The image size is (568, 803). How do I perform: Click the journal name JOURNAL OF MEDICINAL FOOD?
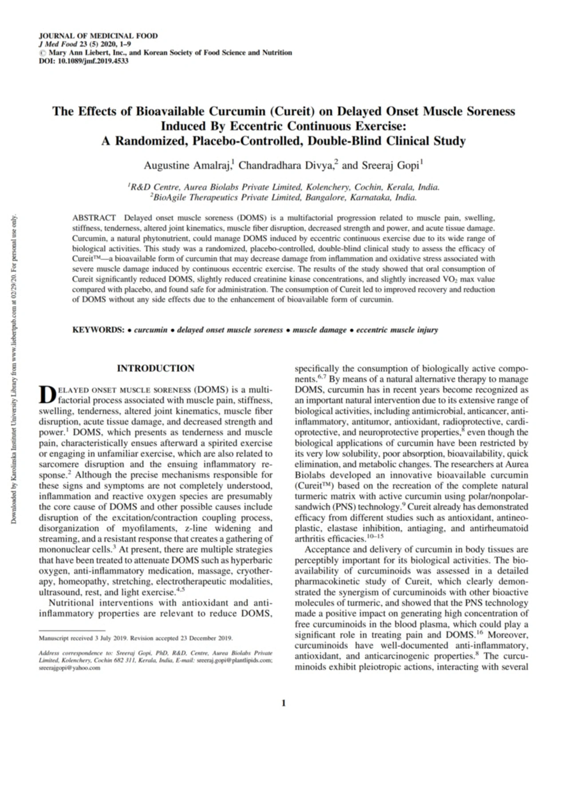pyautogui.click(x=98, y=36)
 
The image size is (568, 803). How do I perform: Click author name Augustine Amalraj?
pyautogui.click(x=186, y=166)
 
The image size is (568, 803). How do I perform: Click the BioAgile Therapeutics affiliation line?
pyautogui.click(x=284, y=198)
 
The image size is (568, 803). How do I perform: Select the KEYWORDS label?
pyautogui.click(x=98, y=330)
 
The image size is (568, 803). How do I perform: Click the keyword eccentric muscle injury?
pyautogui.click(x=397, y=330)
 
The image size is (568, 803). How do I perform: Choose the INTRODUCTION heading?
pyautogui.click(x=155, y=368)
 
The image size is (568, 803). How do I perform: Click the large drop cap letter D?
pyautogui.click(x=47, y=394)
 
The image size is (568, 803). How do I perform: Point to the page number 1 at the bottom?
pyautogui.click(x=284, y=703)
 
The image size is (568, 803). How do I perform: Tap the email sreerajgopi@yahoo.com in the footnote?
pyautogui.click(x=70, y=668)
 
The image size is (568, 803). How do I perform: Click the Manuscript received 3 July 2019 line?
pyautogui.click(x=136, y=638)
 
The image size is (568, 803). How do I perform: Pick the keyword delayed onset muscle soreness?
pyautogui.click(x=230, y=330)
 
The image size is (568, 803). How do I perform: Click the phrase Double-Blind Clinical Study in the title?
pyautogui.click(x=387, y=141)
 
